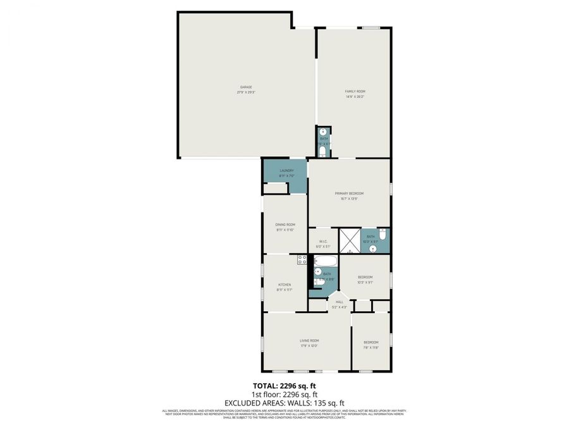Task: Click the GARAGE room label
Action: tap(246, 87)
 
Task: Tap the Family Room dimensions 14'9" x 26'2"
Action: tap(355, 97)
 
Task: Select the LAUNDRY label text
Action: tap(286, 170)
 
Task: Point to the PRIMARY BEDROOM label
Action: tap(349, 193)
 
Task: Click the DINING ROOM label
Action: tap(285, 225)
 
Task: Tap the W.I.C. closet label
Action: tap(322, 241)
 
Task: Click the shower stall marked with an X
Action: tap(349, 240)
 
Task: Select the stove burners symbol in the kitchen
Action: tap(302, 259)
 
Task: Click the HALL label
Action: tap(340, 302)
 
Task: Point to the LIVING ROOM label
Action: tap(309, 340)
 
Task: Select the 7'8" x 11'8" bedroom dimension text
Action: tap(370, 347)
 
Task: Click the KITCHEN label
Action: tap(284, 285)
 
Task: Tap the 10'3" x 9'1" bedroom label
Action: tap(365, 277)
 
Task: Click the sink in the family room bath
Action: tap(322, 132)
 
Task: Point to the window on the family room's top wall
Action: tap(370, 27)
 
